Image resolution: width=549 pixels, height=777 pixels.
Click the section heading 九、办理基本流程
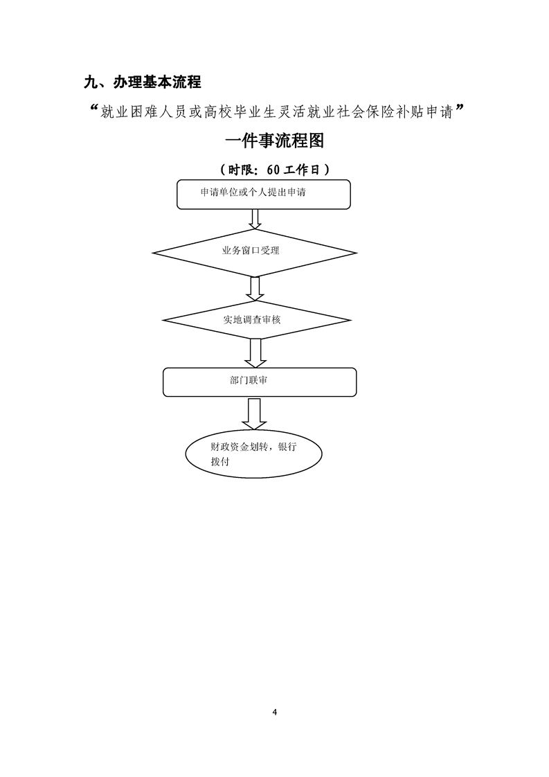click(x=142, y=82)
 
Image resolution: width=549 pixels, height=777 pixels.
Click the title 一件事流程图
click(x=274, y=141)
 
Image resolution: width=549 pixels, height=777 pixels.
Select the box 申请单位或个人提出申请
click(x=263, y=194)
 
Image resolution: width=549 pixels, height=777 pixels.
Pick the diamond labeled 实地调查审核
click(x=255, y=320)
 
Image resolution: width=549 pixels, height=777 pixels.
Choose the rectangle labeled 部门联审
click(x=260, y=382)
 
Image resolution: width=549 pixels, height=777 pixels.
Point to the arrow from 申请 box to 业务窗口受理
click(x=255, y=218)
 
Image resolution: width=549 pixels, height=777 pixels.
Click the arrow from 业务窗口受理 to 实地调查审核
click(x=255, y=288)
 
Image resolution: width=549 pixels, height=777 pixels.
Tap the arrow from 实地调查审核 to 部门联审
click(x=255, y=352)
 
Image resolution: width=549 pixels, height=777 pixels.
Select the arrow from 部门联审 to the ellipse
click(x=254, y=414)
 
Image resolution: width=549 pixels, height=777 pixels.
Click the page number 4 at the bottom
click(x=275, y=712)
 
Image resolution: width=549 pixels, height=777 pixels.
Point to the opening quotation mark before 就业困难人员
click(x=94, y=109)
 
